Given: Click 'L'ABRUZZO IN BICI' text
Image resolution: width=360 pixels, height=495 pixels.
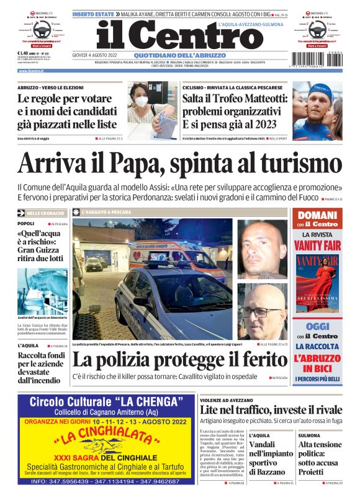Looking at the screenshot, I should click(317, 363).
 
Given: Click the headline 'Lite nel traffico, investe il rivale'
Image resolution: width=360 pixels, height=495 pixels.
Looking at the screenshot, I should click(271, 410).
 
